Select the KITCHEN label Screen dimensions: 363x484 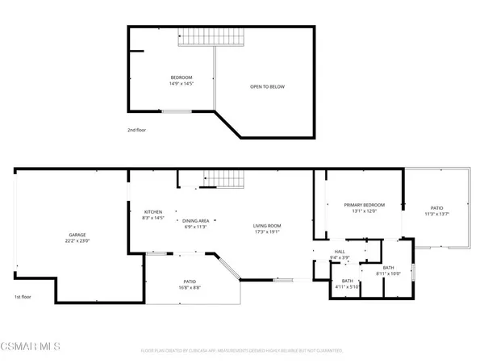coord(153,211)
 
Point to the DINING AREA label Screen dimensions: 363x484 coord(195,220)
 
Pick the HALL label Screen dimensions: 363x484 coord(340,251)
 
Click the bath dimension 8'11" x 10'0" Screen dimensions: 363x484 coord(388,273)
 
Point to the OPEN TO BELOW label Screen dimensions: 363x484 coord(267,87)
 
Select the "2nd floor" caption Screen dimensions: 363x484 coord(137,129)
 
